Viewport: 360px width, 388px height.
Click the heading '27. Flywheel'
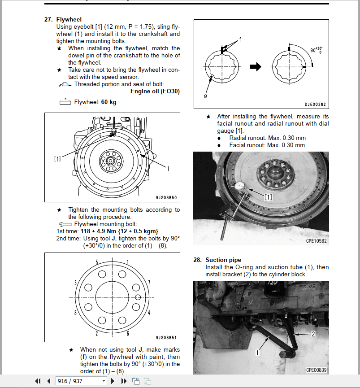pos(69,19)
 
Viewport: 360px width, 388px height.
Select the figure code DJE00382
pos(315,104)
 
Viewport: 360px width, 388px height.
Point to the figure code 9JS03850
pos(166,197)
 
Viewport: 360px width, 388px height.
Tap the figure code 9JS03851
pos(166,338)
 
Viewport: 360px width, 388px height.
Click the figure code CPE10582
pos(317,241)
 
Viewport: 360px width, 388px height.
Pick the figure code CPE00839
pos(317,370)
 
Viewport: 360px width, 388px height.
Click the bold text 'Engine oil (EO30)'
pos(155,91)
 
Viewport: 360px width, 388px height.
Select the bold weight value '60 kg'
pos(108,102)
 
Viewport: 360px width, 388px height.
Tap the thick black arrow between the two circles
pos(256,67)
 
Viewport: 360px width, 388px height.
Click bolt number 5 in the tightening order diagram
pos(96,262)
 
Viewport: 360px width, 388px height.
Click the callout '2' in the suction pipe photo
pos(313,334)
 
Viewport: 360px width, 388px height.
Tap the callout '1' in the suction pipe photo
pos(257,353)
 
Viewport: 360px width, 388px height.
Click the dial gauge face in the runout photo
pos(239,186)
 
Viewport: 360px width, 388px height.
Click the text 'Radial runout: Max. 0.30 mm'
pos(267,138)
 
